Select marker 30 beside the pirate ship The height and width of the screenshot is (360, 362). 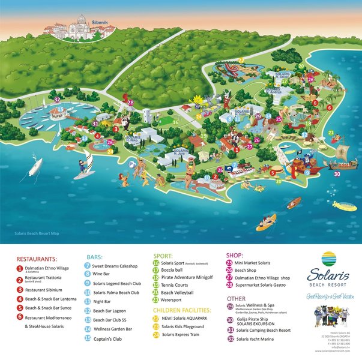[337, 174]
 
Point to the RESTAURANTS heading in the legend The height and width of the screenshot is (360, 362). [37, 259]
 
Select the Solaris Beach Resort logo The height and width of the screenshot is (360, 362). [329, 270]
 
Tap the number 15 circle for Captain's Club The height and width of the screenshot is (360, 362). [88, 338]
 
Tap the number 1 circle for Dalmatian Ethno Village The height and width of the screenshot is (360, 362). [19, 270]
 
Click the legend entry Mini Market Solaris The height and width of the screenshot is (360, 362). [252, 263]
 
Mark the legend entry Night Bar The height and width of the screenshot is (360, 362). [102, 302]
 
